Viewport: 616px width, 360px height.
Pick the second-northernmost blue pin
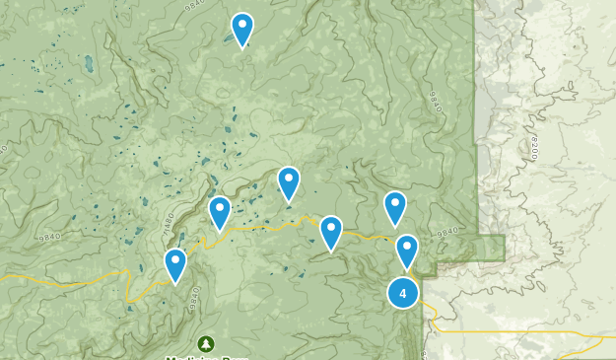pyautogui.click(x=288, y=182)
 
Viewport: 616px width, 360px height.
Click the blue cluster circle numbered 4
pyautogui.click(x=402, y=293)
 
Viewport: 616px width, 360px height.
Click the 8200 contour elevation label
pyautogui.click(x=533, y=149)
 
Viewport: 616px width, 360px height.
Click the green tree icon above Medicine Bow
pyautogui.click(x=205, y=343)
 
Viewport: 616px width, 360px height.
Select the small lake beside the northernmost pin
pyautogui.click(x=228, y=39)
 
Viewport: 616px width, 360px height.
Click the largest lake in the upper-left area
pyautogui.click(x=89, y=65)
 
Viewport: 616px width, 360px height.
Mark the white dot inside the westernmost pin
pyautogui.click(x=175, y=259)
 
